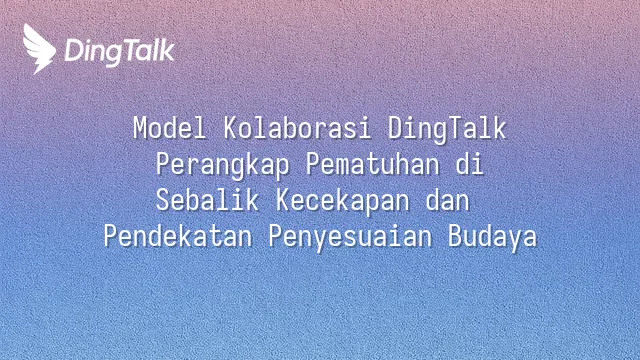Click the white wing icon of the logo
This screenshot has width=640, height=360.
click(x=39, y=49)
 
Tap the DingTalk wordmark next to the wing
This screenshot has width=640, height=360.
click(x=120, y=52)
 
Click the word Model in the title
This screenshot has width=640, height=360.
click(x=169, y=128)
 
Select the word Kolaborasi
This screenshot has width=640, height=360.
click(x=297, y=128)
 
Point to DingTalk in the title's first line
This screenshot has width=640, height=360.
click(x=447, y=130)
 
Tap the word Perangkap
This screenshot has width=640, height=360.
click(x=222, y=166)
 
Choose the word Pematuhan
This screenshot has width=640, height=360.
click(x=373, y=164)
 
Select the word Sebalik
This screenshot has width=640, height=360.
click(x=207, y=200)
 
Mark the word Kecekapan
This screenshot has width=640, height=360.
click(x=342, y=202)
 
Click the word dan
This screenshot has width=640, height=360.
click(x=447, y=200)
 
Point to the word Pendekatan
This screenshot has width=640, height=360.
click(x=178, y=236)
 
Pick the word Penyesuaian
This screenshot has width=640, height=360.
click(x=350, y=238)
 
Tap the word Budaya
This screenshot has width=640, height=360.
click(x=493, y=238)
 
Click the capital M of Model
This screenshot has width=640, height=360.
click(x=140, y=128)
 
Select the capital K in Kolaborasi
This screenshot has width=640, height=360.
click(x=231, y=128)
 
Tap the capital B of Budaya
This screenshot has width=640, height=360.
click(x=455, y=236)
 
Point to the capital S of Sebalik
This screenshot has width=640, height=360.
click(x=162, y=200)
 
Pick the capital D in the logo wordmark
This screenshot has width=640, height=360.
click(x=74, y=50)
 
